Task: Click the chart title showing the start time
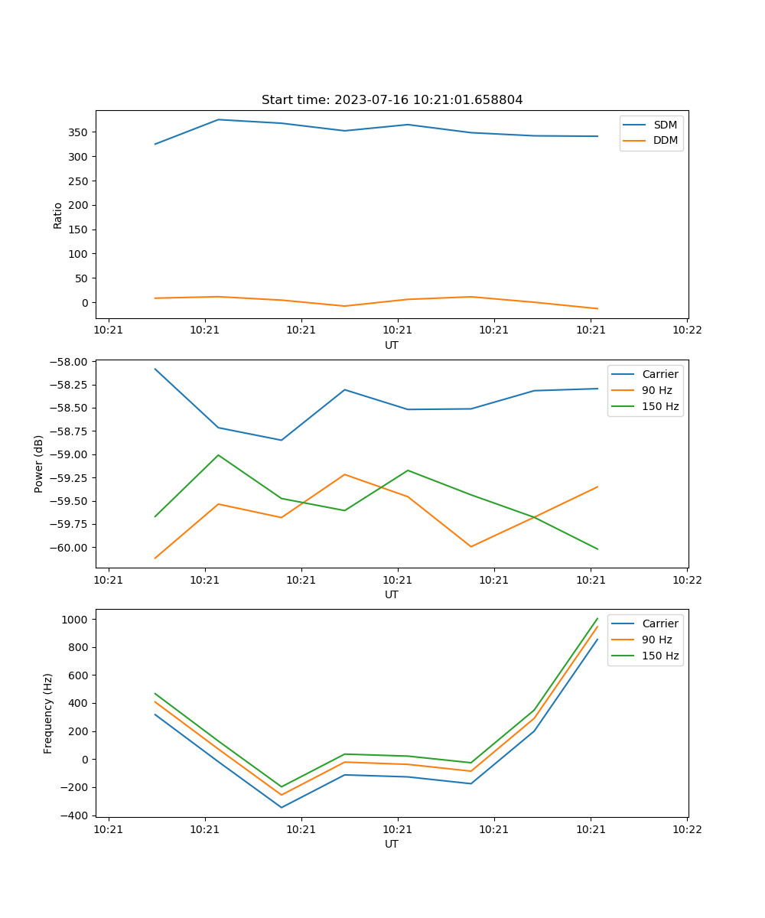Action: [392, 100]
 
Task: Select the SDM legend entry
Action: [665, 125]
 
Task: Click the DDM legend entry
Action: [665, 141]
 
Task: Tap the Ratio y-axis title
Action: [58, 215]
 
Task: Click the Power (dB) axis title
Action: [39, 464]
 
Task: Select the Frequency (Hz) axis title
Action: [48, 713]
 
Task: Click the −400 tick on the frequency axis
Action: [76, 815]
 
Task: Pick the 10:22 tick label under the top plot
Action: [687, 330]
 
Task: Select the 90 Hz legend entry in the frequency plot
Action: [657, 640]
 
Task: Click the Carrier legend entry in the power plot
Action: [660, 374]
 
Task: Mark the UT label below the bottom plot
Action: [392, 844]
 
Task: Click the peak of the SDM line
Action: [219, 119]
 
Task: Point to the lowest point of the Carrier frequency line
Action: [282, 807]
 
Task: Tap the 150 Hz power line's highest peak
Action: [219, 455]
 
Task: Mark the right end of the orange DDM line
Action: [597, 309]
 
